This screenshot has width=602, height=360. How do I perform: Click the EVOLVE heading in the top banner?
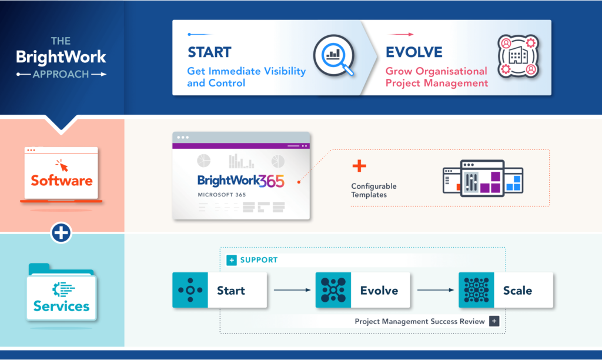414,52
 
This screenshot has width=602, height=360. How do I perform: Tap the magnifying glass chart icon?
333,56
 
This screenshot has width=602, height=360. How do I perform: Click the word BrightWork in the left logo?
61,57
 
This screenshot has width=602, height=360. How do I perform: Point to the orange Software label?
62,180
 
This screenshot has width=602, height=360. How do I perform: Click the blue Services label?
61,306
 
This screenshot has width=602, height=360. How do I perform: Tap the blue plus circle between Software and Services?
61,233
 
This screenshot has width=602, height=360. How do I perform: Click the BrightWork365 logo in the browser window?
240,181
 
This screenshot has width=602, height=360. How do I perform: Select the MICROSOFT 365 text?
222,195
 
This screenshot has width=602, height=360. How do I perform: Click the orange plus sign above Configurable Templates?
359,166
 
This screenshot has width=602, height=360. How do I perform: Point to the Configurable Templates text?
374,190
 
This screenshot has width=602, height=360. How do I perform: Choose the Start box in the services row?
220,290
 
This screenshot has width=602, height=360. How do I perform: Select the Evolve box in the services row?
363,290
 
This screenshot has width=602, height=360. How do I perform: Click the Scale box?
506,290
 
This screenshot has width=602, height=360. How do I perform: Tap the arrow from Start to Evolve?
292,290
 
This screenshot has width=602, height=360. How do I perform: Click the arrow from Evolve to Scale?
435,290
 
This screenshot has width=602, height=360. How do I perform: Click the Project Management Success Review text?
420,321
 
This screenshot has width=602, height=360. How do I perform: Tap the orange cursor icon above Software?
61,165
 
